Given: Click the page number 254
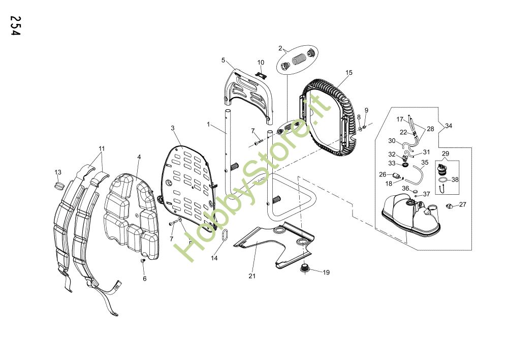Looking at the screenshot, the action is [x=16, y=26].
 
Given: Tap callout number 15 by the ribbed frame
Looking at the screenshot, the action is [x=349, y=73].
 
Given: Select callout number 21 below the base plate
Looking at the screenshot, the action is [x=252, y=276].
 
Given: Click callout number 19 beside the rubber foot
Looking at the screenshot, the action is [x=326, y=273].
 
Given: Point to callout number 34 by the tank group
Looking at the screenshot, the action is [x=448, y=125].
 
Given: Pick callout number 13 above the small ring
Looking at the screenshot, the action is [x=57, y=172].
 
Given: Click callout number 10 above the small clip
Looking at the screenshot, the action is [x=261, y=63].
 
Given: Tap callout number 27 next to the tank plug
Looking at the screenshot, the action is [x=462, y=204].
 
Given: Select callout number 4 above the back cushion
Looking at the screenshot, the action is [x=139, y=157].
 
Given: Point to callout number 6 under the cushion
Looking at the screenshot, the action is [x=144, y=278].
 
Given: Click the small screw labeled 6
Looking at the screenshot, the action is [x=143, y=261].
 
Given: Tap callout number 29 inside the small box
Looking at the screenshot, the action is [x=446, y=154].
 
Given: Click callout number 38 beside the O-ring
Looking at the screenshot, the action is [x=455, y=179].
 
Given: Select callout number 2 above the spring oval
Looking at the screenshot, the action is [x=280, y=48].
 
